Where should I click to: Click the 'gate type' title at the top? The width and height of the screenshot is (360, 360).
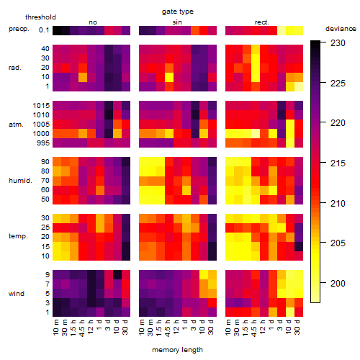pos(178,12)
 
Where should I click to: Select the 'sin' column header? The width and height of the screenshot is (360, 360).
pos(177,22)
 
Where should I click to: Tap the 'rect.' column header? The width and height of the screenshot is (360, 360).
pos(262,22)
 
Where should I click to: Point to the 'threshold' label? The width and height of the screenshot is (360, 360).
pos(40,17)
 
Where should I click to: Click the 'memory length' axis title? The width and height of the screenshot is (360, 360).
pos(177,350)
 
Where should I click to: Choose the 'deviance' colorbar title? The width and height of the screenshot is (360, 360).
pos(341,29)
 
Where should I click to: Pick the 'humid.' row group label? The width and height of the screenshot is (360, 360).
pos(20,181)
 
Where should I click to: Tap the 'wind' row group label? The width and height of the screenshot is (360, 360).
pos(17,294)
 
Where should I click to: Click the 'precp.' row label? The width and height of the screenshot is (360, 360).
pos(19,29)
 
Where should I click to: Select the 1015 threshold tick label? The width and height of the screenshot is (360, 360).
pos(41,106)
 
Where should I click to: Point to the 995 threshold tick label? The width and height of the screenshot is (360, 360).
pos(43,143)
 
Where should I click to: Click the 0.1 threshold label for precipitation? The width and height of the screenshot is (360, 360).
pos(44,30)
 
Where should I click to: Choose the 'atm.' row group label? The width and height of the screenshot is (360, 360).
pos(16,125)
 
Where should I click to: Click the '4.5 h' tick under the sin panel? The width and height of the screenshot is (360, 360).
pos(168,328)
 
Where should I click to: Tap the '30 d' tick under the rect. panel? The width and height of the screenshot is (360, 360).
pos(297,327)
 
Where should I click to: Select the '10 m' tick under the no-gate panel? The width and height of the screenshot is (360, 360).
pos(55,327)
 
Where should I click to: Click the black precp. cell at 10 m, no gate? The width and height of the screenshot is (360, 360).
pos(57,30)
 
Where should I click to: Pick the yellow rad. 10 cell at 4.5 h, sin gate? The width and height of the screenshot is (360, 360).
pos(169,77)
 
